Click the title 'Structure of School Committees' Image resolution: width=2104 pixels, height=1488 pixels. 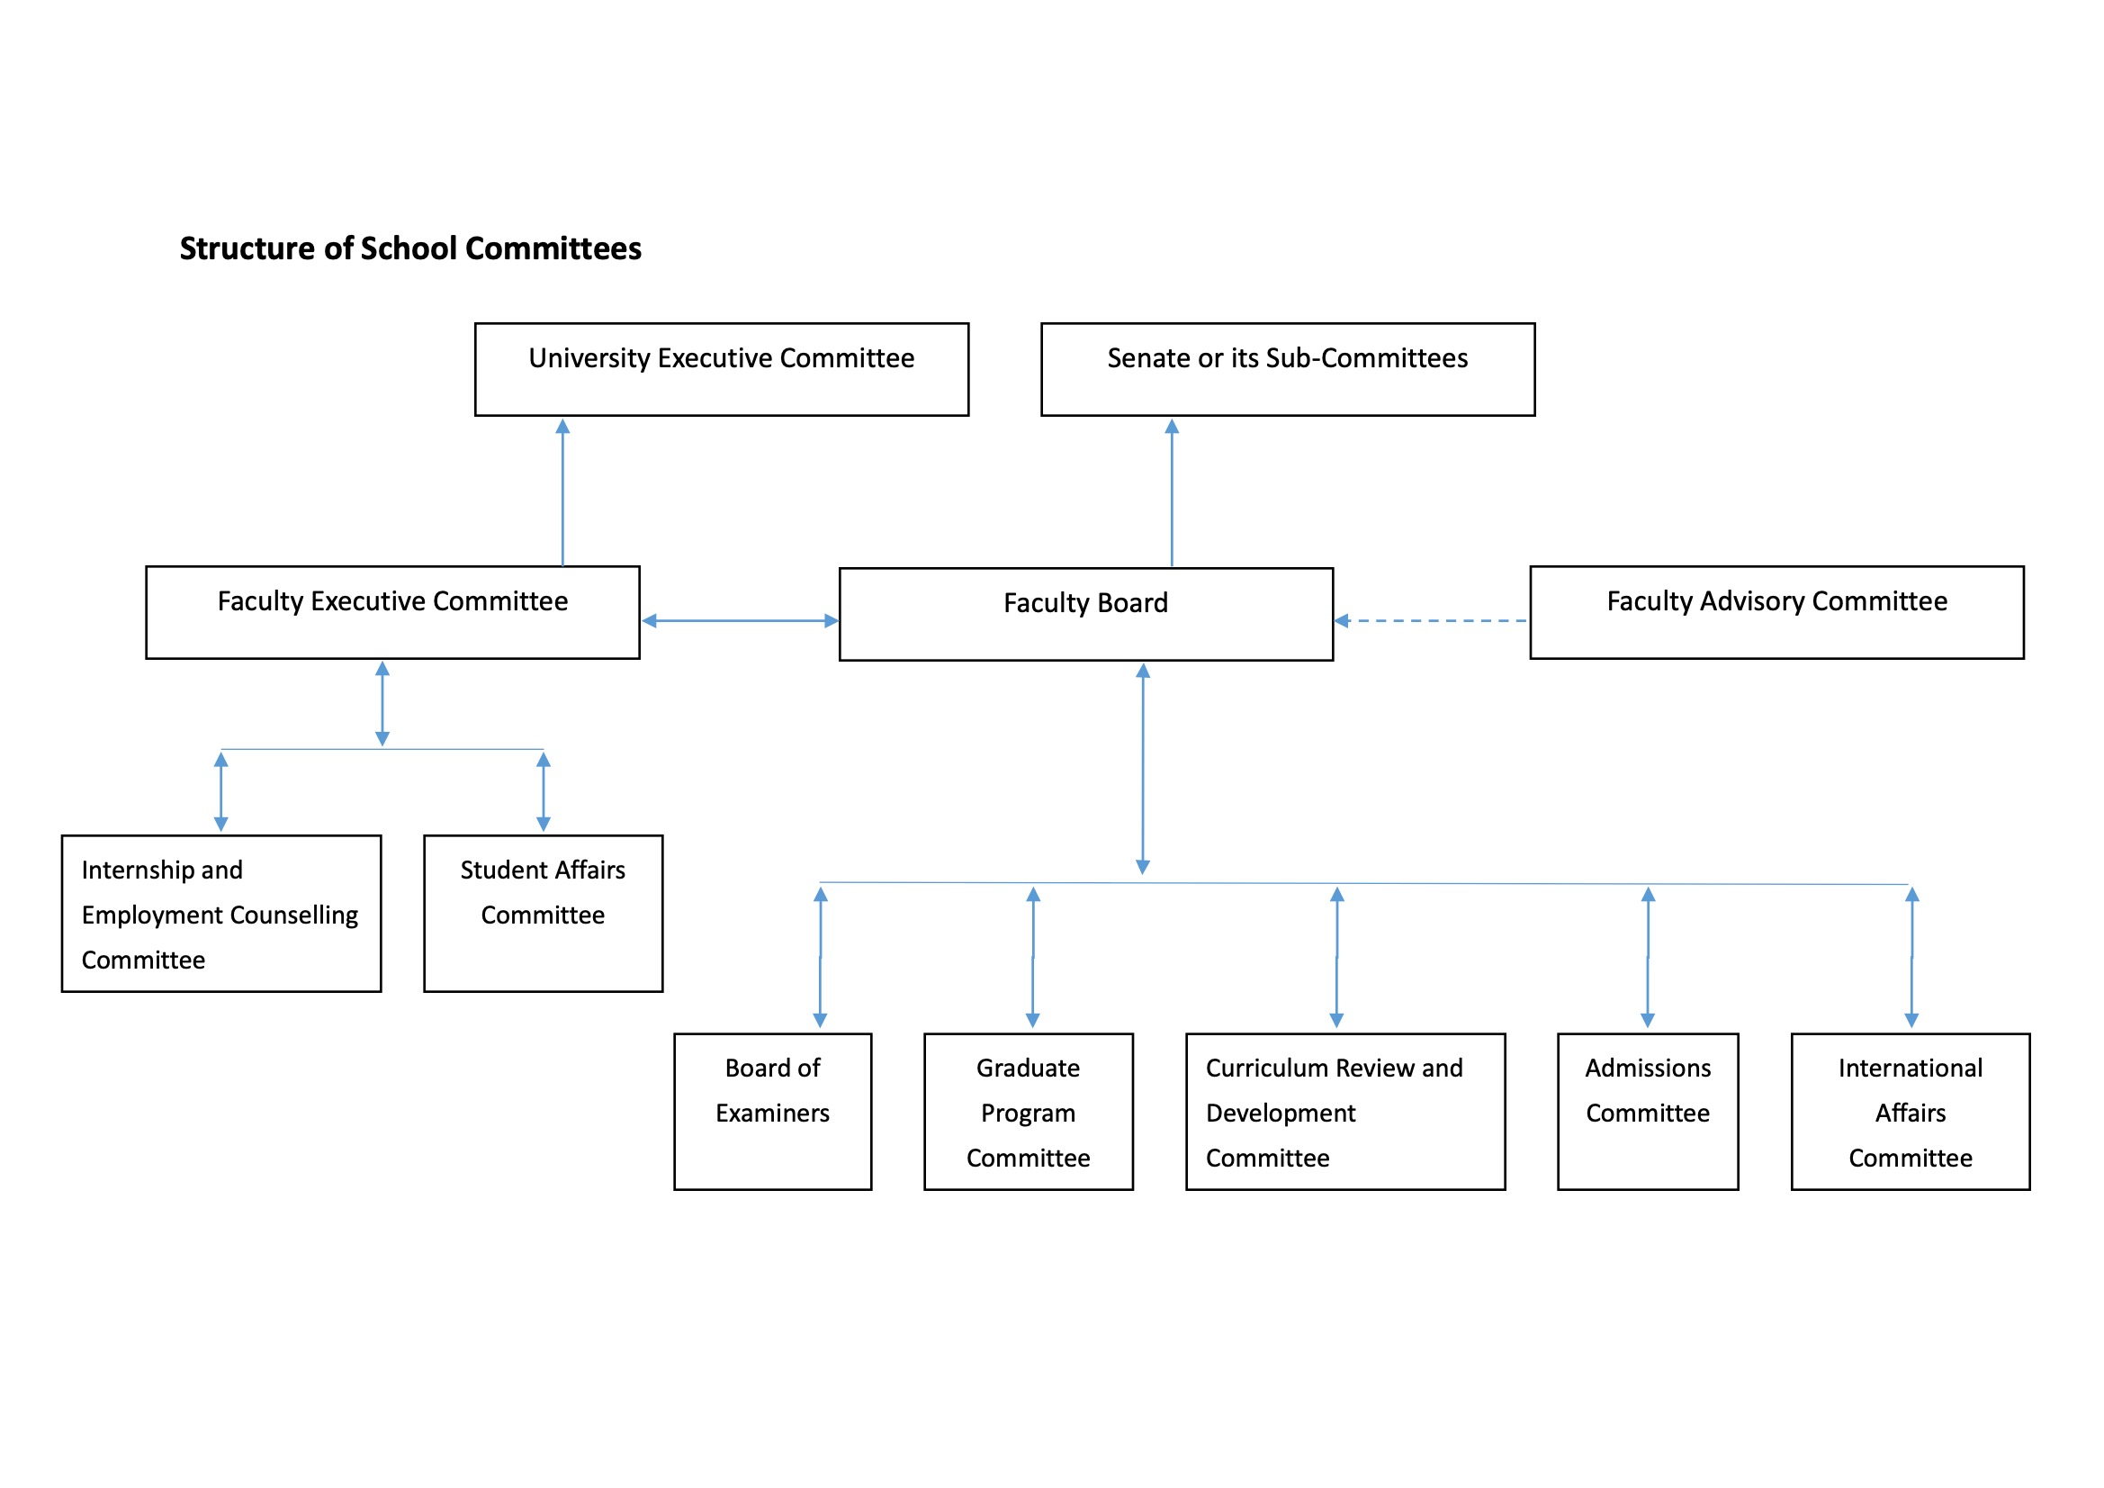point(409,248)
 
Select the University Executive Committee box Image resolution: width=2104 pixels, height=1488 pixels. point(721,368)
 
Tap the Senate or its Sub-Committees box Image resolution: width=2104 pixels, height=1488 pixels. point(1287,368)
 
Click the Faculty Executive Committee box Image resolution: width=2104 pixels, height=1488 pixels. point(392,611)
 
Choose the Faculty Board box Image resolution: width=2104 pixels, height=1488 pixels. point(1085,613)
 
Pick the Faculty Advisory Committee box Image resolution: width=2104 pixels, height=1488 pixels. point(1776,611)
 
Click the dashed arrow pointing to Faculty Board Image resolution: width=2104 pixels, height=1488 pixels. point(1432,621)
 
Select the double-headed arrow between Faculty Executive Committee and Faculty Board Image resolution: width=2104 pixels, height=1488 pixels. point(740,621)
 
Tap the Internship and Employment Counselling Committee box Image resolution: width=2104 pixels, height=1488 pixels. point(220,913)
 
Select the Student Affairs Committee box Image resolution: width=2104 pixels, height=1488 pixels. point(543,913)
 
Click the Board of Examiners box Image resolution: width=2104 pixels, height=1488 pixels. point(772,1111)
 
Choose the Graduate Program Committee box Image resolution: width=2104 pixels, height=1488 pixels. point(1029,1111)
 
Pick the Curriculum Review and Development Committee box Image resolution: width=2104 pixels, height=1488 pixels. point(1344,1111)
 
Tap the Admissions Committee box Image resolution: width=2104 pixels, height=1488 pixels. point(1647,1111)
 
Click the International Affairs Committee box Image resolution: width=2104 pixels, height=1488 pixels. point(1910,1111)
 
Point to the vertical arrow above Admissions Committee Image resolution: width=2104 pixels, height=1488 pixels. point(1647,957)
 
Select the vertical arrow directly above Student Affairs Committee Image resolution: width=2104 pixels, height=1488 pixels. point(543,792)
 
